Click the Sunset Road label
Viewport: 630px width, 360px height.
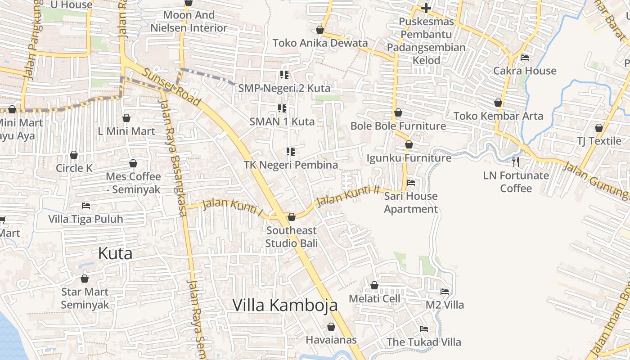point(171,87)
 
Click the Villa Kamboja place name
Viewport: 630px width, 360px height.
point(285,305)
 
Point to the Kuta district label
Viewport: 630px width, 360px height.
point(115,253)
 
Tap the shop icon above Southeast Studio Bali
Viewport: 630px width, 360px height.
point(292,217)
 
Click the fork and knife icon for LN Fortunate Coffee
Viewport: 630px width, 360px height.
point(516,162)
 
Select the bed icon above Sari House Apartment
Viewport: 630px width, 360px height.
point(411,183)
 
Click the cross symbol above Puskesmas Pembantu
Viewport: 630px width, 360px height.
point(426,8)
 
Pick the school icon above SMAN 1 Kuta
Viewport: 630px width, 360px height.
point(283,108)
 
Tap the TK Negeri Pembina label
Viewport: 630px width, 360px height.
point(291,165)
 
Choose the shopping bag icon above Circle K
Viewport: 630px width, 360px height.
point(74,155)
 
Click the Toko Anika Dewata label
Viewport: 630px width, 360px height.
point(320,43)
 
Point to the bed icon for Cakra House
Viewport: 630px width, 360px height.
point(525,58)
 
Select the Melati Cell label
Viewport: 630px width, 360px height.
point(374,298)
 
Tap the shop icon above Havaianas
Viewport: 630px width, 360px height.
point(331,327)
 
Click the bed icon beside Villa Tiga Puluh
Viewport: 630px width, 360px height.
point(86,206)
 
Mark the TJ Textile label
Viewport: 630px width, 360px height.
point(599,141)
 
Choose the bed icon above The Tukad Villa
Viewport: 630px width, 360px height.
point(424,329)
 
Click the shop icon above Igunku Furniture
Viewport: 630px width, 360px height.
point(409,144)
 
